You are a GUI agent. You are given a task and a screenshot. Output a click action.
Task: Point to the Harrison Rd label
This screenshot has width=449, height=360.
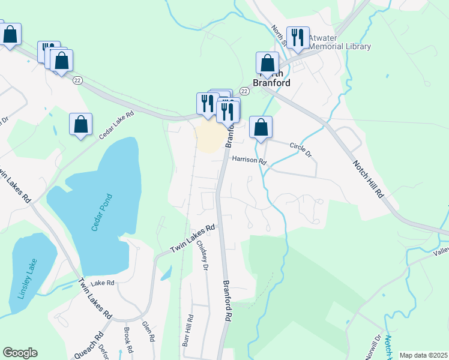tap(249, 160)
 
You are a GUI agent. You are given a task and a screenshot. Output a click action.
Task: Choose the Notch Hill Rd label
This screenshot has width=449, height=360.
tap(367, 178)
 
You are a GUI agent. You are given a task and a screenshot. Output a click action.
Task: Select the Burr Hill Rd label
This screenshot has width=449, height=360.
tap(188, 331)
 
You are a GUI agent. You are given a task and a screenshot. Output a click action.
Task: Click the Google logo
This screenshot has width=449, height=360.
tap(20, 353)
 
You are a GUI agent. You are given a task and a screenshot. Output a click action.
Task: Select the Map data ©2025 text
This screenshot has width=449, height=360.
tap(423, 355)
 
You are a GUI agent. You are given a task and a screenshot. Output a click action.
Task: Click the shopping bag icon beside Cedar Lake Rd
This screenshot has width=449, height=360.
tap(81, 124)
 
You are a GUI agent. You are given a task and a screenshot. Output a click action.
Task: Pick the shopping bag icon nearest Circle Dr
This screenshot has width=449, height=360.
tap(261, 127)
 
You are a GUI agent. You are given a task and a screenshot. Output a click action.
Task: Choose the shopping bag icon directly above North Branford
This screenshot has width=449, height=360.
tap(267, 62)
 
